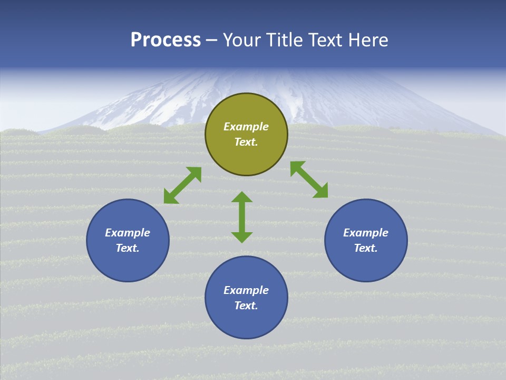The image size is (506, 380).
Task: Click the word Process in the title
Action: (166, 40)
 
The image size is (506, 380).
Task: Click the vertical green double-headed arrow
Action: (242, 217)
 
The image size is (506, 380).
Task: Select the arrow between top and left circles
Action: (182, 185)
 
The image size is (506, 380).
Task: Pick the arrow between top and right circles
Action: (309, 179)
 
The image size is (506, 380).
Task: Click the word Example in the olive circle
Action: (246, 127)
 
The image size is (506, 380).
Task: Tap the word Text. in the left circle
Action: (128, 248)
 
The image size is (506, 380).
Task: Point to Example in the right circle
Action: (366, 233)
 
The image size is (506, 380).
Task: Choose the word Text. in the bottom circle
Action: (246, 306)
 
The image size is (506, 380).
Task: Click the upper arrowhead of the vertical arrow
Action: (242, 197)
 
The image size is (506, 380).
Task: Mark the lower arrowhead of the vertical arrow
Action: (242, 237)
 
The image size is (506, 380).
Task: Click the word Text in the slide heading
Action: (326, 40)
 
